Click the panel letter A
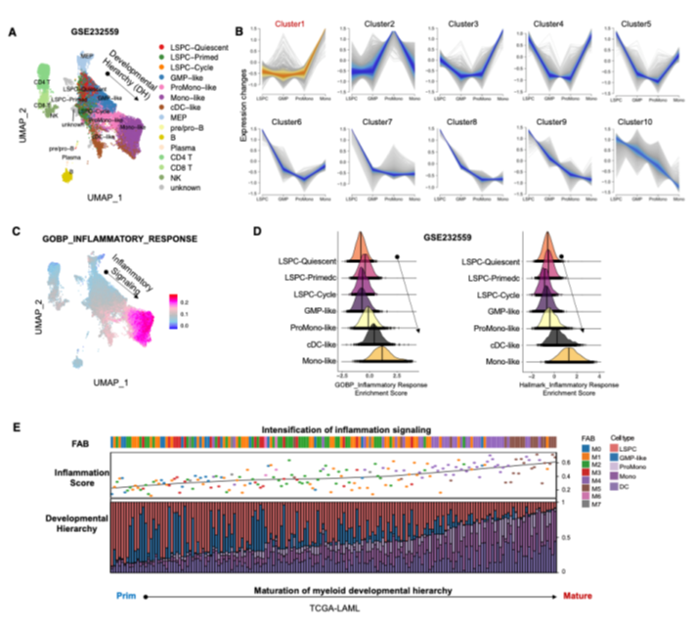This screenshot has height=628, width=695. tap(12, 32)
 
